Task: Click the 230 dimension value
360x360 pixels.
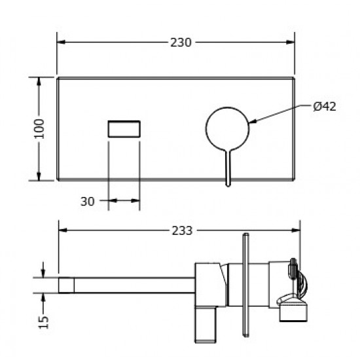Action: tap(181, 43)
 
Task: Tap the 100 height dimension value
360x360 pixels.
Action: tap(39, 129)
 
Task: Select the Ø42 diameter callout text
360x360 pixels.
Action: tap(325, 107)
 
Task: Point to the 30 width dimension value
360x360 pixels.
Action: tap(88, 202)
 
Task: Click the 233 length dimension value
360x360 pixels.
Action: tap(182, 231)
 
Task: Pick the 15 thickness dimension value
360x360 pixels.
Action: tap(44, 322)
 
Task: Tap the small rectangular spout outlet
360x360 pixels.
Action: tap(124, 129)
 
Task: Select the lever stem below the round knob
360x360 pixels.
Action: tap(228, 168)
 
